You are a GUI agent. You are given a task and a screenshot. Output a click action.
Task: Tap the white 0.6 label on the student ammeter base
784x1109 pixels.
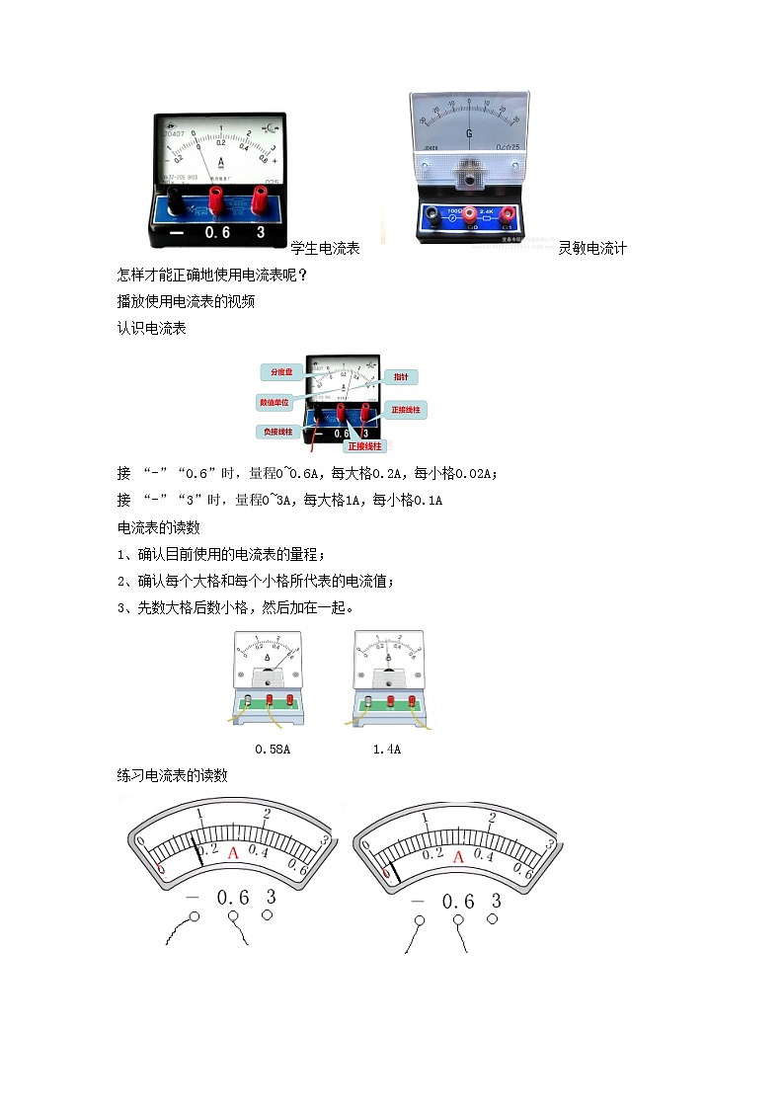coord(216,233)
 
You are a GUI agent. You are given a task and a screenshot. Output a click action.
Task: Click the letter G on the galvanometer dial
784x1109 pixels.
coord(469,132)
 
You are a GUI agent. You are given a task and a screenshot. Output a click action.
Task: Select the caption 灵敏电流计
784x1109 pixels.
coord(592,248)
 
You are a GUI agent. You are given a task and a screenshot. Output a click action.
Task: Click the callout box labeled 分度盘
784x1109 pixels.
coord(277,372)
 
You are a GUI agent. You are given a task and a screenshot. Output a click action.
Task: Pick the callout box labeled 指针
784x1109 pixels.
coord(401,377)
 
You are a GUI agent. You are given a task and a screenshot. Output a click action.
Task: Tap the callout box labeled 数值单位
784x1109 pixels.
coord(275,403)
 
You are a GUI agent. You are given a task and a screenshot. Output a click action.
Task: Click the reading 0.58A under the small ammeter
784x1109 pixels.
coord(273,750)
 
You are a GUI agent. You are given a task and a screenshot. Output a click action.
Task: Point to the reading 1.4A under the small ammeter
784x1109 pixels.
coord(386,750)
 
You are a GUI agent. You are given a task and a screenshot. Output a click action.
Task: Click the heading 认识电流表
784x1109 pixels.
coord(151,328)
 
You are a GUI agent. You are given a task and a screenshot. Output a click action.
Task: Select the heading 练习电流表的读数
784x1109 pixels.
coord(173,775)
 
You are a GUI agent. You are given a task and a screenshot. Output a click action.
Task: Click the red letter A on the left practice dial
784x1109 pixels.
coord(234,852)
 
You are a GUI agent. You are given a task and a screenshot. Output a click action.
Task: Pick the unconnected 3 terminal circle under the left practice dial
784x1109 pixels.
coord(267,915)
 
